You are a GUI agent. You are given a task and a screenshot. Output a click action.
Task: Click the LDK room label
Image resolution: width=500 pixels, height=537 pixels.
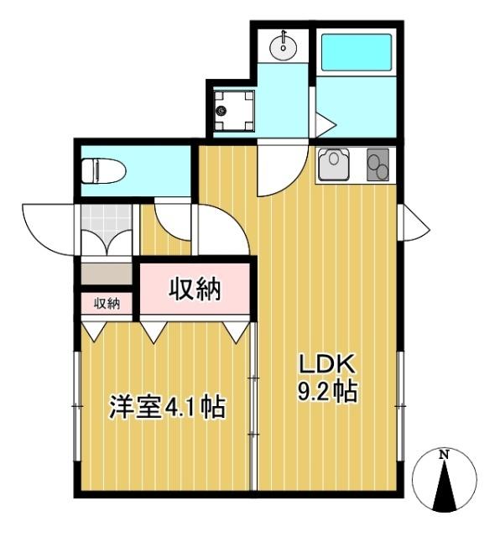pos(330,365)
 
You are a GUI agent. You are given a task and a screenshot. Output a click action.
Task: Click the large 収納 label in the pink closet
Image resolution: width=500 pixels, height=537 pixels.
pos(195,289)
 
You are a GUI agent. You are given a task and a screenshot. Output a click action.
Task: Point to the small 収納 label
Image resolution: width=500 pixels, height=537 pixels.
pos(107,303)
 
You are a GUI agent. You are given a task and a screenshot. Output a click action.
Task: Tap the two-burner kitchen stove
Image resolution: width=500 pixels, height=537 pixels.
pos(378,164)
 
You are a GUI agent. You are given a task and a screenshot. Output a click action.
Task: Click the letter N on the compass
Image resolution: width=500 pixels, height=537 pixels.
pos(445,456)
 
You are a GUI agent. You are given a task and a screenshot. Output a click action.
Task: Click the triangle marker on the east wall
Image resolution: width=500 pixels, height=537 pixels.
pos(414,223)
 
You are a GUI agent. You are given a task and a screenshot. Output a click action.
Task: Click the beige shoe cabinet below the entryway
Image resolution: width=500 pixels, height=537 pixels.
pos(107,274)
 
